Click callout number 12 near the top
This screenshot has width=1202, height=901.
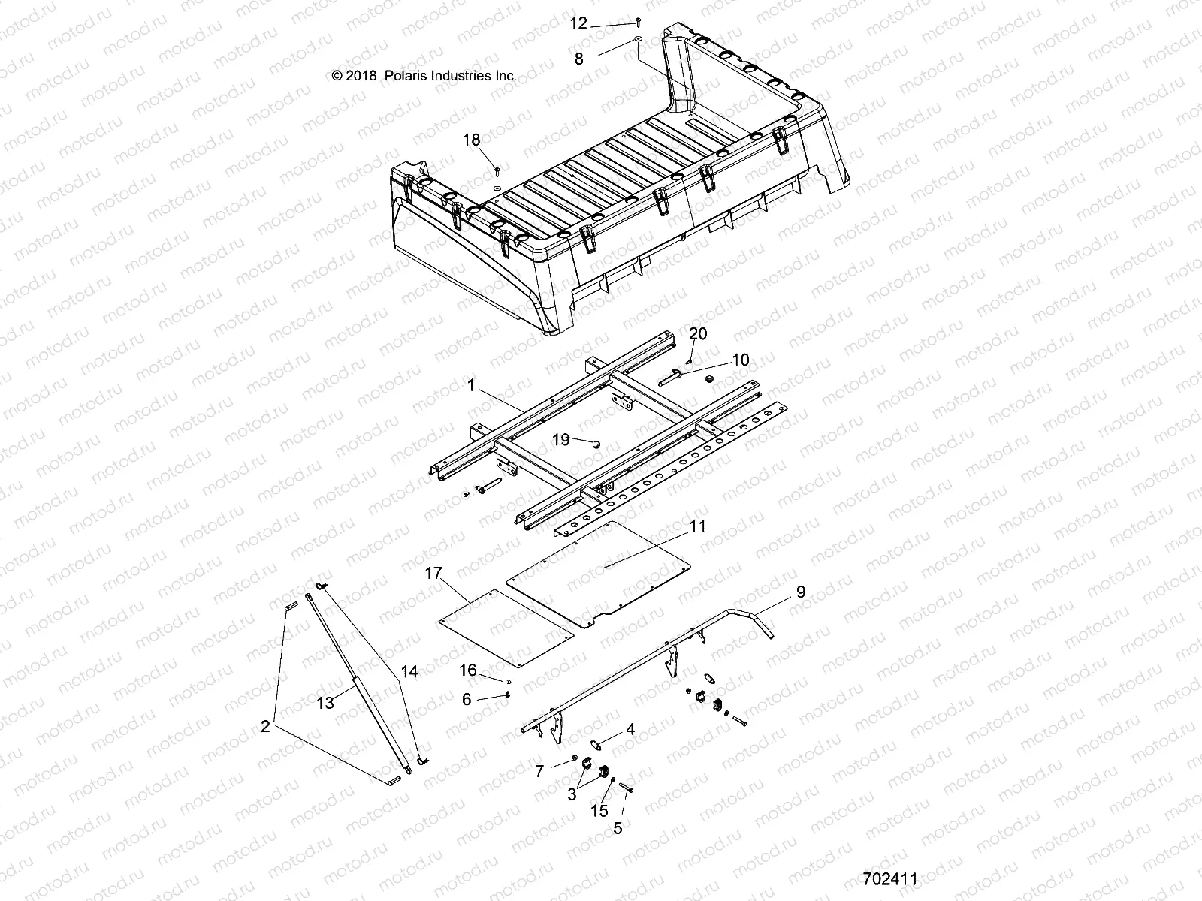point(578,24)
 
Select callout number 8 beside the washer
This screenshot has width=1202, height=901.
point(578,59)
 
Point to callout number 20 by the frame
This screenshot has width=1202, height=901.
point(698,334)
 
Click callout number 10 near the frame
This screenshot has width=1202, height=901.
point(740,360)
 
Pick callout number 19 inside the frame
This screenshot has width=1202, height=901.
point(561,440)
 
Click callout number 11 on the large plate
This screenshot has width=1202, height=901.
point(698,526)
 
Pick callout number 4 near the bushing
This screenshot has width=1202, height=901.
point(630,728)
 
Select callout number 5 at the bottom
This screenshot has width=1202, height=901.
point(618,830)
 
